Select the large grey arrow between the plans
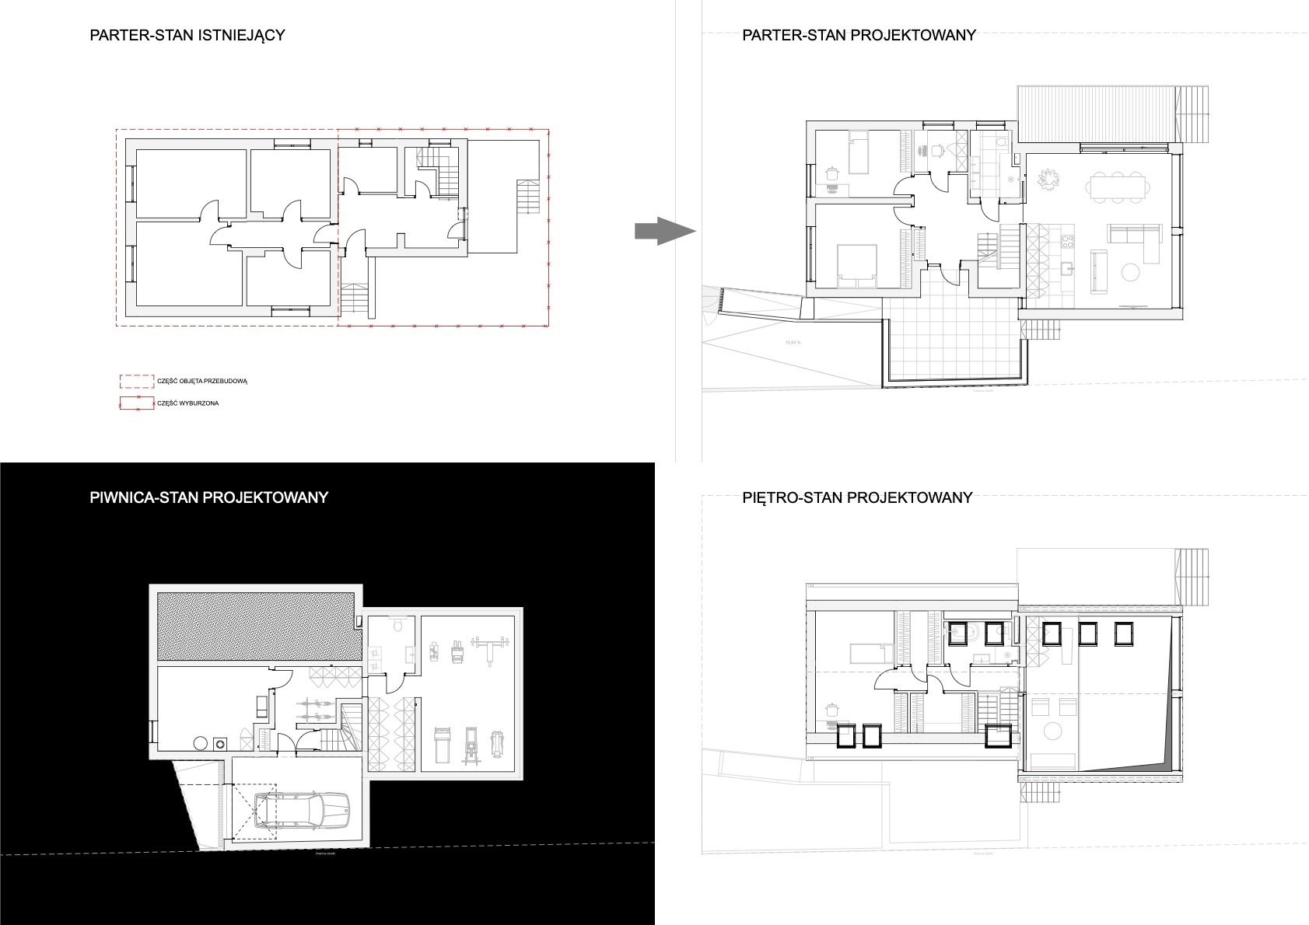click(663, 231)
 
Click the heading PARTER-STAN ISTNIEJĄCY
click(187, 35)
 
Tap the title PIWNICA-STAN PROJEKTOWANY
click(208, 497)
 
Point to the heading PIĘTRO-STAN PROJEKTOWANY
click(857, 497)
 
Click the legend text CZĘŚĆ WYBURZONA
click(187, 403)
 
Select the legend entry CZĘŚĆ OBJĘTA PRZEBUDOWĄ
click(201, 381)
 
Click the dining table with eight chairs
click(1117, 187)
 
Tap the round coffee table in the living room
click(1129, 272)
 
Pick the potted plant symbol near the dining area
click(1048, 180)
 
